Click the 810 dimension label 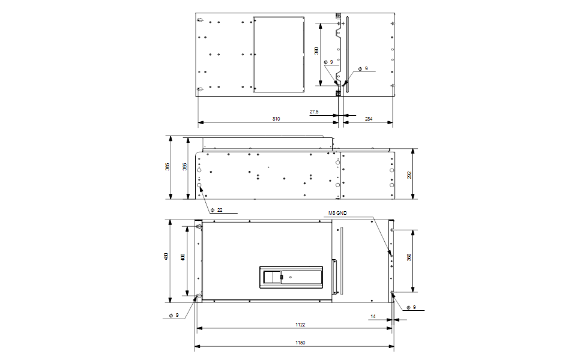[276, 119]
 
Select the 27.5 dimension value [315, 112]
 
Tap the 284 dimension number [369, 119]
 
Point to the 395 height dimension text [168, 167]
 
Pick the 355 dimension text [185, 167]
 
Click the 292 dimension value [409, 175]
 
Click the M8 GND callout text [338, 212]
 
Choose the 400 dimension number [183, 257]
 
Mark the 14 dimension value [372, 316]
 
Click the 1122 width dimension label [300, 325]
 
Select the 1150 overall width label [300, 343]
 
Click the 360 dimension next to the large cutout [317, 51]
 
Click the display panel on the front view [291, 277]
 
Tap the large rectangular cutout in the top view [279, 55]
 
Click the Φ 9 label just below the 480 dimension [174, 314]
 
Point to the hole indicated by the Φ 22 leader [200, 186]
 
